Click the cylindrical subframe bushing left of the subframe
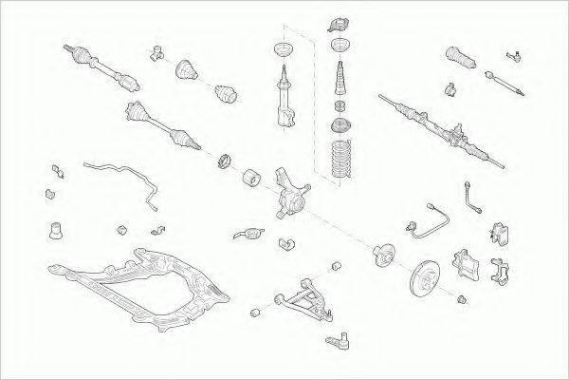tap(55, 229)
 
